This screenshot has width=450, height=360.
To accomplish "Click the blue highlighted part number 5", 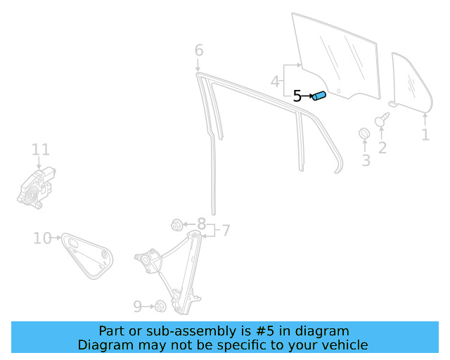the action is (319, 96).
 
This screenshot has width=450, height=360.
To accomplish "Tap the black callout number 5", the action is (297, 96).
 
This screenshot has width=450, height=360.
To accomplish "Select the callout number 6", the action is (199, 50).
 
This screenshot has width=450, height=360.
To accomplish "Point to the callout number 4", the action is (275, 82).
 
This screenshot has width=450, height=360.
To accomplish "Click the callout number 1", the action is (425, 134).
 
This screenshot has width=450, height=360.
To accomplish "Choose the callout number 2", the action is (382, 148).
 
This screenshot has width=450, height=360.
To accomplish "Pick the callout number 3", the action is (366, 160).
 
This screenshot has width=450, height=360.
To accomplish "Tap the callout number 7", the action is (226, 231).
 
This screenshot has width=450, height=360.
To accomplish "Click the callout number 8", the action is (202, 224).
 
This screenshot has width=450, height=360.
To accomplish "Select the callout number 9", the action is (138, 307).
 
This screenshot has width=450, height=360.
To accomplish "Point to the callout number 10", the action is (42, 238).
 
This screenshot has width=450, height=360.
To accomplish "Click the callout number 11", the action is (41, 149).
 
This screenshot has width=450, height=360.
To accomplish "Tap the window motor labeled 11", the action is (36, 188).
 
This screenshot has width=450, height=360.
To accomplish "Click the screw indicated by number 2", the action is (382, 119).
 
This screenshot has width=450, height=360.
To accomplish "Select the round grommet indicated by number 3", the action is (364, 133).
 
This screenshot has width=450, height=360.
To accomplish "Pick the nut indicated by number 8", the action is (176, 225).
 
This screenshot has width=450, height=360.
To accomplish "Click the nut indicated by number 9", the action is (160, 307).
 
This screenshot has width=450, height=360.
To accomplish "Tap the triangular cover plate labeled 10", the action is (87, 255).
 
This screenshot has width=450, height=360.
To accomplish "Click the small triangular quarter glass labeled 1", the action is (411, 82).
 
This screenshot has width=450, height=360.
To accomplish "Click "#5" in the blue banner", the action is (264, 331).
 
